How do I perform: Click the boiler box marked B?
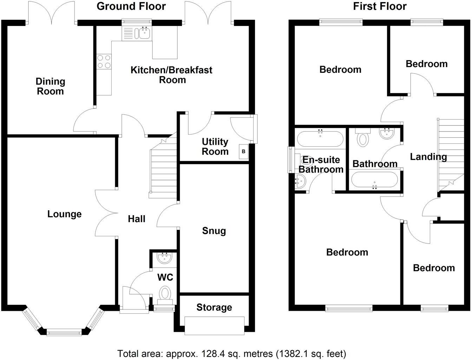point(243,152)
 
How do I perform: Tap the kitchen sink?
point(144,33)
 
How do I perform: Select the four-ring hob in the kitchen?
point(104,61)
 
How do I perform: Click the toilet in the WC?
point(165,293)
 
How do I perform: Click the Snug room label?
point(214,231)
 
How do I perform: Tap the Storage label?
point(214,308)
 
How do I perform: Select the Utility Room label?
point(215,147)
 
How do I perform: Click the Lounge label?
point(64,214)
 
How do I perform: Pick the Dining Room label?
point(51,86)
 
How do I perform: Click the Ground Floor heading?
point(131,6)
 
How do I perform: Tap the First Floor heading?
point(380,6)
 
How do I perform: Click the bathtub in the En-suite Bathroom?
point(320,139)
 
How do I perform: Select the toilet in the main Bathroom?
point(362,138)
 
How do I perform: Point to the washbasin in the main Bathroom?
point(387,133)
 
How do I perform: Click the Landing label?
point(428,157)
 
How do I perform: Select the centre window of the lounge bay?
point(64,332)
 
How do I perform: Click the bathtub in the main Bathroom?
point(374,180)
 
